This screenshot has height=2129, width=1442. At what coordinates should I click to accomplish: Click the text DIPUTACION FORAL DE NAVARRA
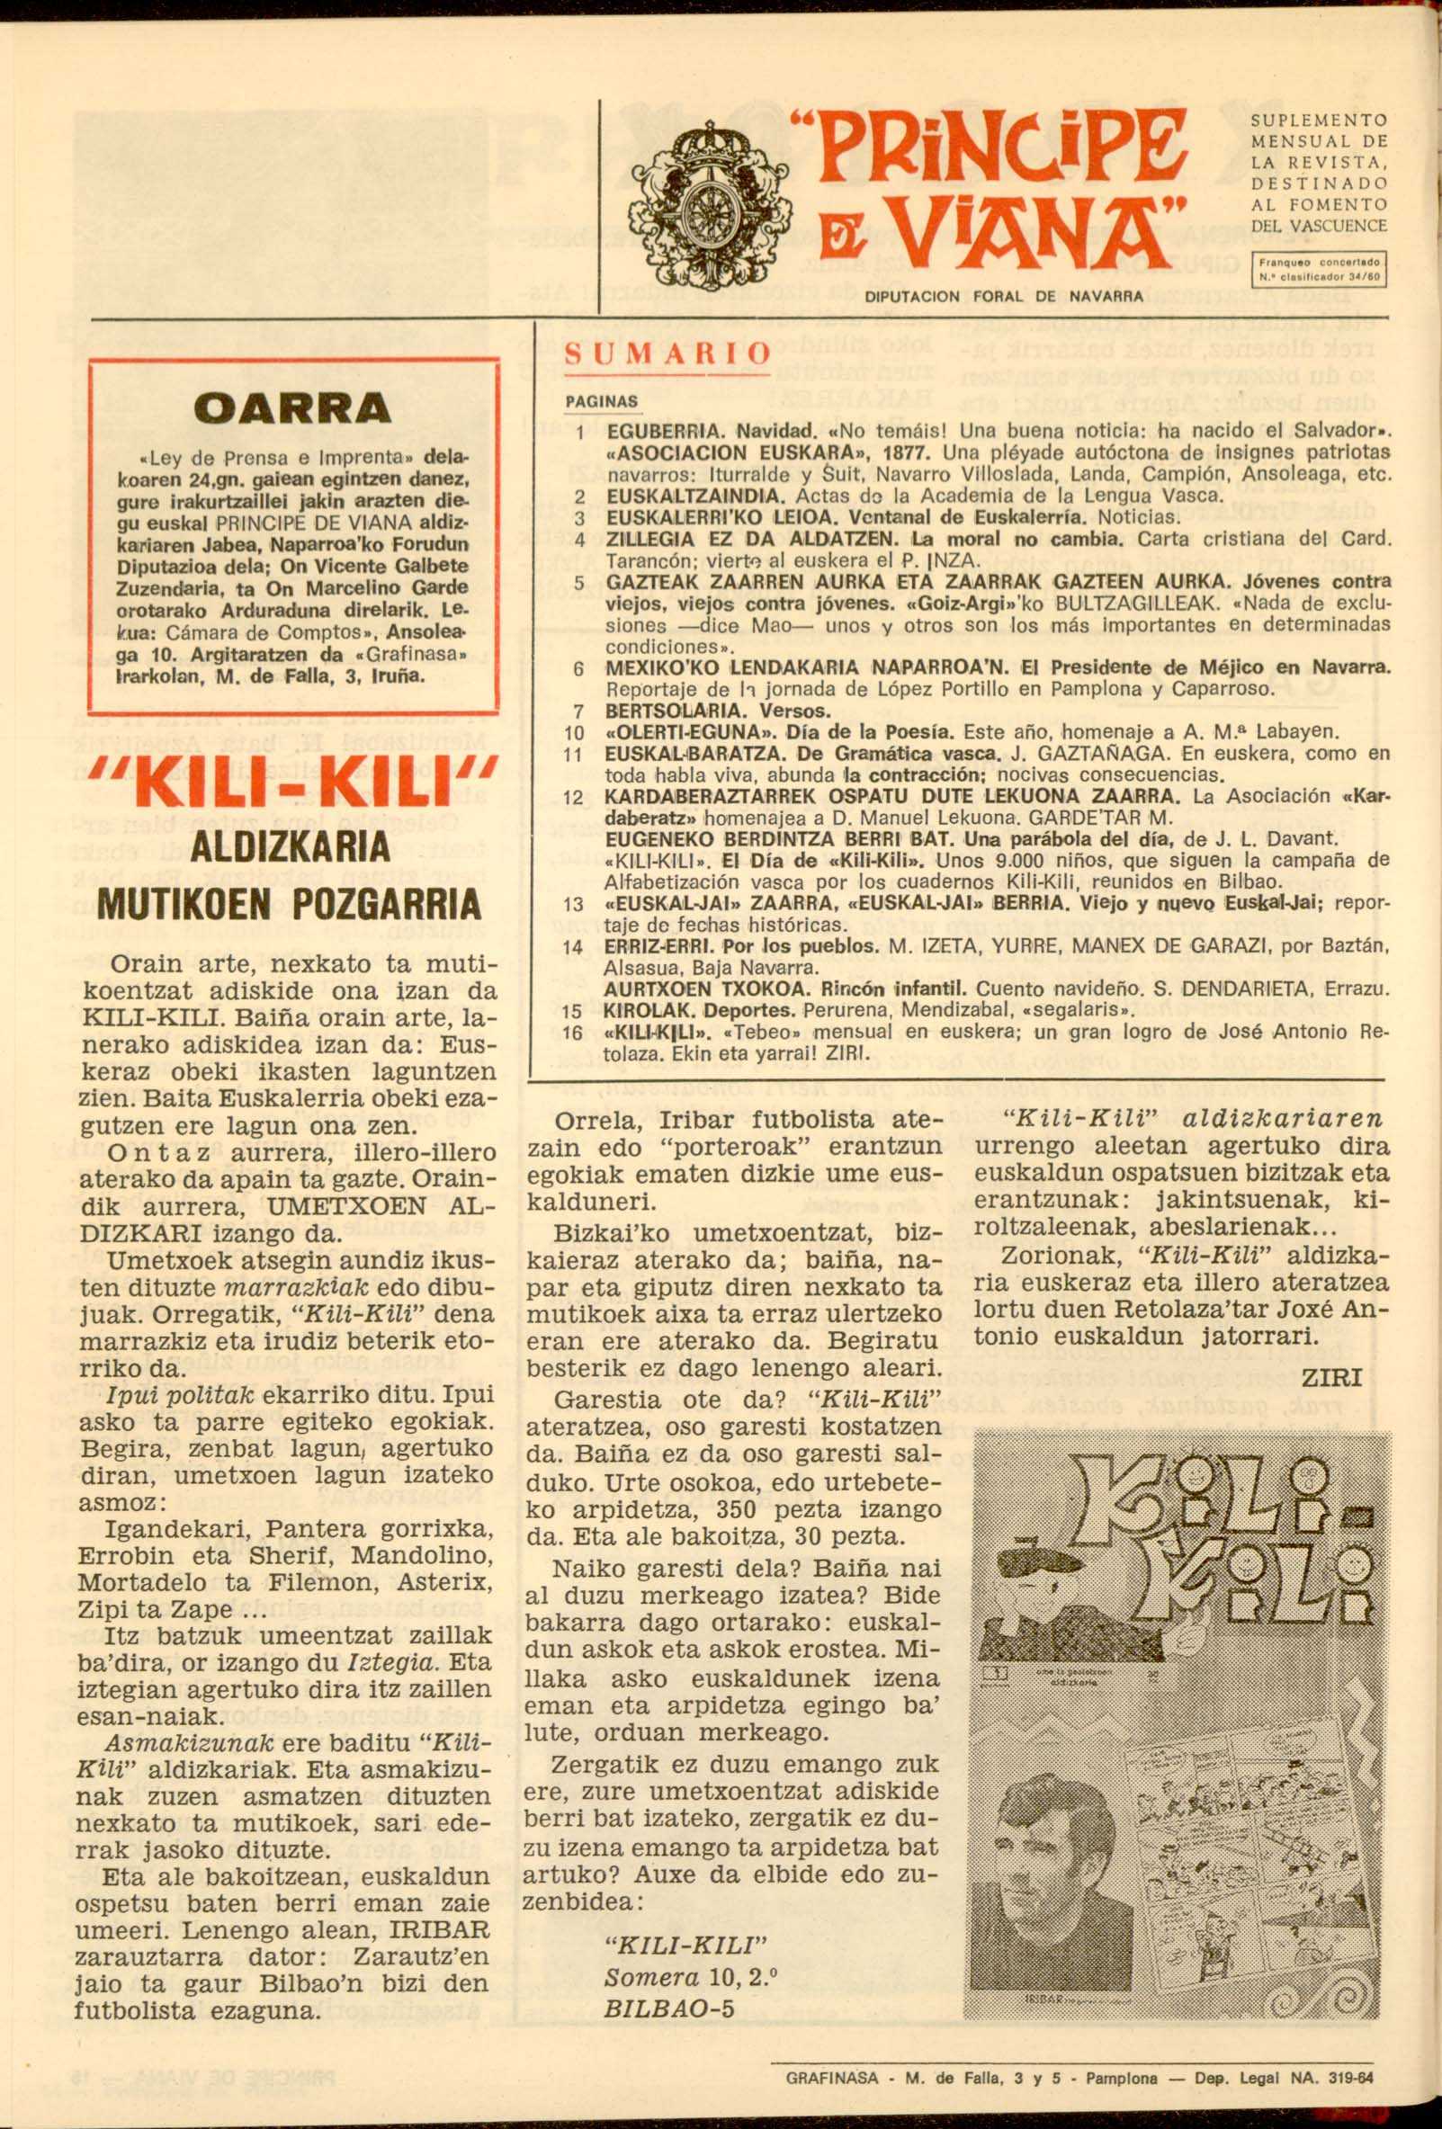coord(1004,297)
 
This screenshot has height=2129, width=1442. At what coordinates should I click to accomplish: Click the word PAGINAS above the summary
coord(602,402)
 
